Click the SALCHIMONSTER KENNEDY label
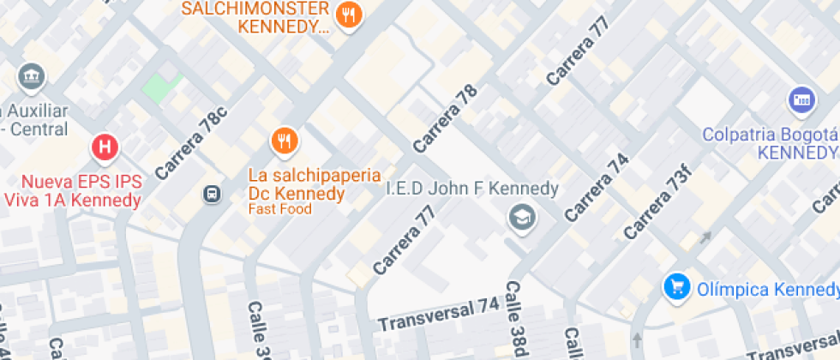point(255,17)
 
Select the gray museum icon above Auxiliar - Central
point(32,76)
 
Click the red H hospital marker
point(105,147)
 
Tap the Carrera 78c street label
point(191,143)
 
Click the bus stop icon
point(210,195)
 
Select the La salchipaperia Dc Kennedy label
point(297,184)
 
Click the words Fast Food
point(280,209)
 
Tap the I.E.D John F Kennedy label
point(472,188)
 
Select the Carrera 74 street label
point(597,188)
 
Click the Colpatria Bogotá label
point(769,144)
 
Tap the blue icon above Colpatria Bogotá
point(801,100)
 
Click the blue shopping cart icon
point(677,286)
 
